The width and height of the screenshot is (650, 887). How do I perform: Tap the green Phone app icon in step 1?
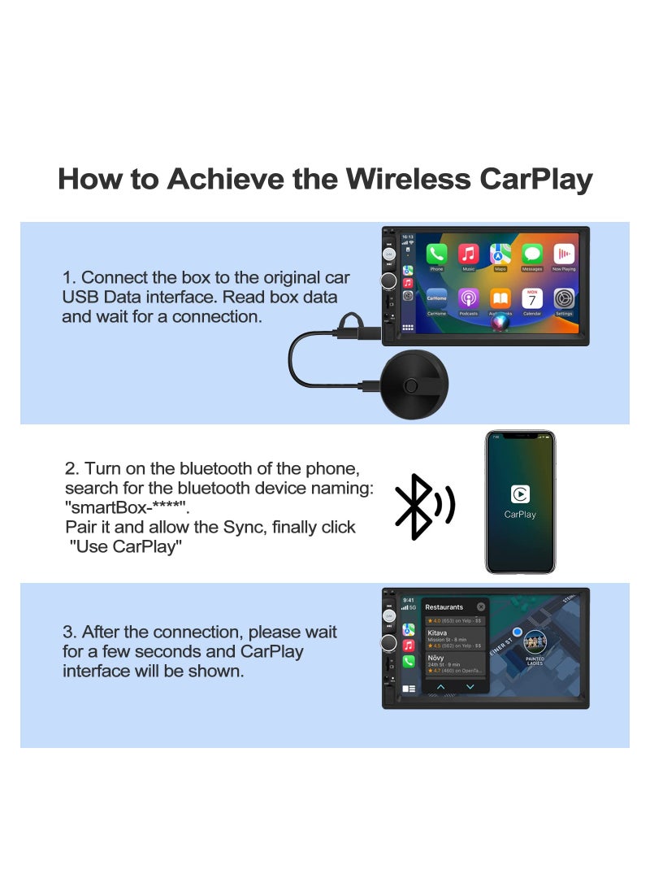click(437, 254)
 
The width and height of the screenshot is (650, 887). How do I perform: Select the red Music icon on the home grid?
click(469, 254)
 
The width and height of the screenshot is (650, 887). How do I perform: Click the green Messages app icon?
click(532, 254)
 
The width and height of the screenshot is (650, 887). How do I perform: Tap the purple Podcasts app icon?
click(469, 298)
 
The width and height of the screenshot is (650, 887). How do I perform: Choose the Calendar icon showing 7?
click(532, 298)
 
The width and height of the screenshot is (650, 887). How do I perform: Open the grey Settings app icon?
click(564, 298)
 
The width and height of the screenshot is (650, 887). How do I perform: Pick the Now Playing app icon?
click(564, 254)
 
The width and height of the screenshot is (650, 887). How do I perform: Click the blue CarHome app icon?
click(437, 298)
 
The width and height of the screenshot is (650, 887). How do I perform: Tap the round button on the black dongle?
click(415, 385)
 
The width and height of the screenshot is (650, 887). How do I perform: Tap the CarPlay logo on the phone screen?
click(520, 494)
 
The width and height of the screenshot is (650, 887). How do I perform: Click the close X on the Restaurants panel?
click(481, 607)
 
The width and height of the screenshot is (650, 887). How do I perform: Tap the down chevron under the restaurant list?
click(470, 687)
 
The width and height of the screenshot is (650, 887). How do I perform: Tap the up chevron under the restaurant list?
click(441, 687)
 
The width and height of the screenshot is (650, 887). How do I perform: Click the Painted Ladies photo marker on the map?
click(535, 642)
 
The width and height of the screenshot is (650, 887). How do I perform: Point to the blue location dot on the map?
click(518, 631)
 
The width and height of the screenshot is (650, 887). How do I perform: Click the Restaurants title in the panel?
click(444, 607)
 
